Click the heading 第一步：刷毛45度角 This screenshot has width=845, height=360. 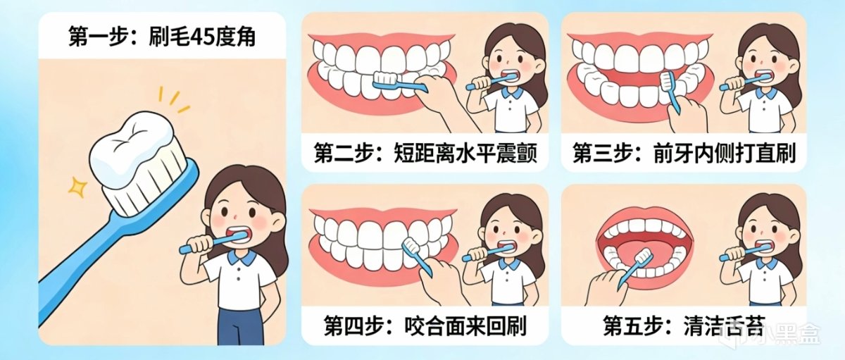coord(162,37)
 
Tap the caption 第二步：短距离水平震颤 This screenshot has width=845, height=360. coord(425,153)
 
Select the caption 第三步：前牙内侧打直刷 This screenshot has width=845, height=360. coord(684,153)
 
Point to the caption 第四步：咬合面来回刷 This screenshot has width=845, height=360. coord(425,325)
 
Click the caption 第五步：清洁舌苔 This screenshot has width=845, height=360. coord(684,325)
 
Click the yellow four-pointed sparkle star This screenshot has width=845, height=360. coord(77,187)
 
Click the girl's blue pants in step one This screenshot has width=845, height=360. coord(241,327)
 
